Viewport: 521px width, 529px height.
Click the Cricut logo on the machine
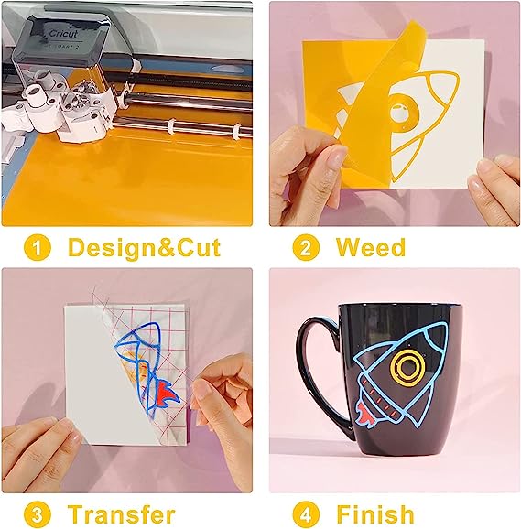(x=63, y=33)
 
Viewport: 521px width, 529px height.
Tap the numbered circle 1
(x=38, y=248)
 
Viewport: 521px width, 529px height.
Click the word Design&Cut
(x=144, y=248)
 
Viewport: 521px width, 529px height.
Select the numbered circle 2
(x=306, y=248)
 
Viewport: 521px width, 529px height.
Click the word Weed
(x=371, y=247)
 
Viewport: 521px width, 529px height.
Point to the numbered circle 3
(x=38, y=515)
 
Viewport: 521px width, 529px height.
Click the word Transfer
(x=122, y=514)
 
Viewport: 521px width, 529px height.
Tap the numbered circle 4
(x=306, y=515)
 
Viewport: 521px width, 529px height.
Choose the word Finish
(x=375, y=514)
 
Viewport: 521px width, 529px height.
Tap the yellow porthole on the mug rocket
(x=407, y=366)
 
